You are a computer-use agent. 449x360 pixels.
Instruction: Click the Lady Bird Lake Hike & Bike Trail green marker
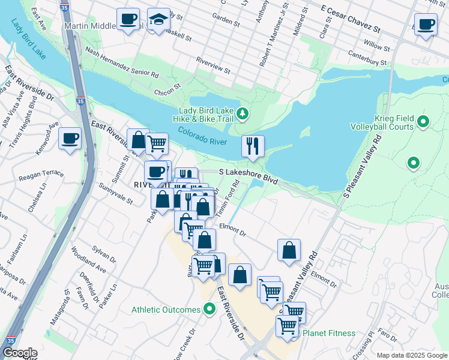click(243, 113)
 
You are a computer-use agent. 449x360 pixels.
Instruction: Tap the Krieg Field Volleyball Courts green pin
click(423, 122)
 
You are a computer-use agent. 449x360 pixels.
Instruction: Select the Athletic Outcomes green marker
click(209, 310)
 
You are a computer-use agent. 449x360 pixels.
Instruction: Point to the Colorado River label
click(200, 136)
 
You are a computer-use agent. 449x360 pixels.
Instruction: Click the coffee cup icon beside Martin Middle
click(128, 19)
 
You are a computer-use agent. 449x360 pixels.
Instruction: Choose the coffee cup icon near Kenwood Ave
click(70, 139)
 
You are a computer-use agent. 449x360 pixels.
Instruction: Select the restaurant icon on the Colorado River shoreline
click(253, 146)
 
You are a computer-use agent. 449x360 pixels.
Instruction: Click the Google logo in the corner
click(19, 353)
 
